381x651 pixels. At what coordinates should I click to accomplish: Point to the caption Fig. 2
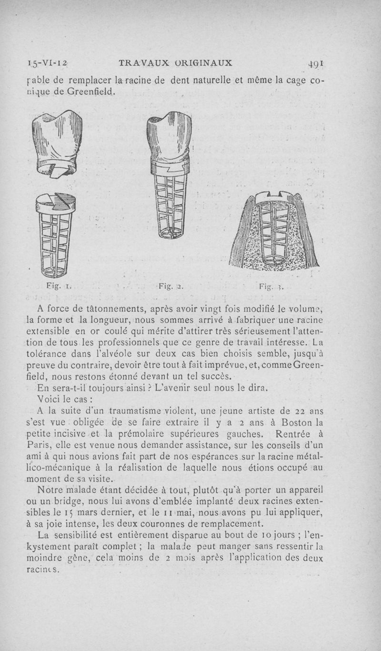pyautogui.click(x=168, y=286)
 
